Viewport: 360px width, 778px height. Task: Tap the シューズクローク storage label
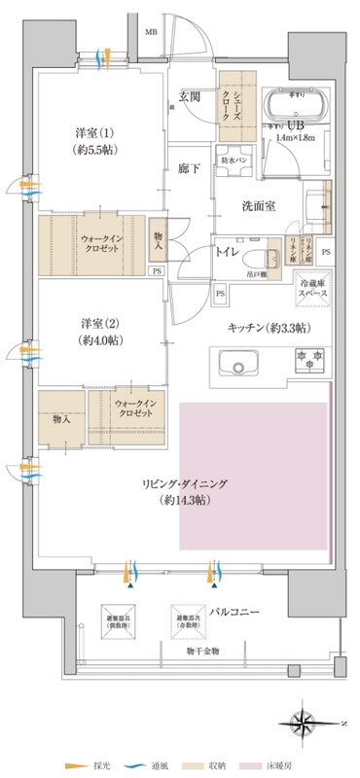pos(234,97)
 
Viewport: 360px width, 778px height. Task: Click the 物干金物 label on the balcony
pos(175,651)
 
